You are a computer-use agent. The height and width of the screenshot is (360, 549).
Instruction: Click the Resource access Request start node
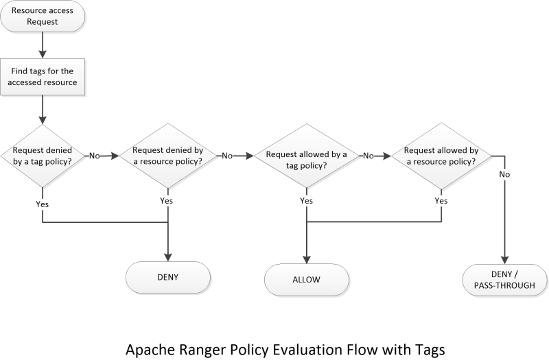(x=43, y=16)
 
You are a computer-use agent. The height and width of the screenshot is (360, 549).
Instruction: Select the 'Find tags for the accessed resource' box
(x=43, y=77)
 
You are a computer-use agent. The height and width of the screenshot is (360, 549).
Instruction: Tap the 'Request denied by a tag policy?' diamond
(x=43, y=156)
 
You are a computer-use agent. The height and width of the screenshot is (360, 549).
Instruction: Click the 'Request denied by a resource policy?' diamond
(x=167, y=156)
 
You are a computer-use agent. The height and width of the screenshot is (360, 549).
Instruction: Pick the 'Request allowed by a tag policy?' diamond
(x=306, y=156)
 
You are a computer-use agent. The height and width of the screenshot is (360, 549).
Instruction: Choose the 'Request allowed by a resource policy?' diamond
(x=441, y=156)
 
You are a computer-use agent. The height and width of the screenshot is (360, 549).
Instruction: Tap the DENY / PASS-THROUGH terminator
(x=505, y=278)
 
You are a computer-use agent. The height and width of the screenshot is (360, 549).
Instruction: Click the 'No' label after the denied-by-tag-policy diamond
(x=95, y=156)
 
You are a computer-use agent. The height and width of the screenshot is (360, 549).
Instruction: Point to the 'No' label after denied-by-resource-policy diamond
(x=226, y=156)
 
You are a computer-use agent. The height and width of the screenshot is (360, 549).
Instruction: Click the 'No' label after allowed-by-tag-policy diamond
(x=368, y=156)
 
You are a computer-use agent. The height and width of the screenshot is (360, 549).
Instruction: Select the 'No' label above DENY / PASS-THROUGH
(x=505, y=175)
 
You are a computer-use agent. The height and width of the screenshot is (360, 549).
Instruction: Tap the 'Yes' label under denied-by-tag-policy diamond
(x=43, y=204)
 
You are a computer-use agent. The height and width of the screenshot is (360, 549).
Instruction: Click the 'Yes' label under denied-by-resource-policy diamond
(x=167, y=201)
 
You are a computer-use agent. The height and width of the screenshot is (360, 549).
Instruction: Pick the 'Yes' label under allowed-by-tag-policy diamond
(x=306, y=201)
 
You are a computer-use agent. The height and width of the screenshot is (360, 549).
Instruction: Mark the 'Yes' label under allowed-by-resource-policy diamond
(x=441, y=201)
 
